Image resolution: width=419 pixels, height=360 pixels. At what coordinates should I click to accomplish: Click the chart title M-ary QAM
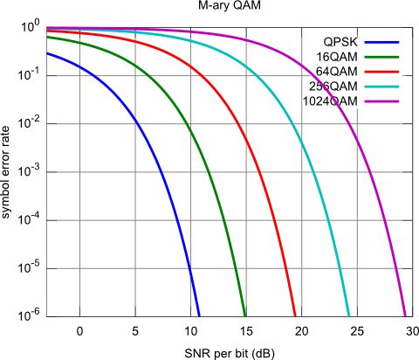[x=217, y=7]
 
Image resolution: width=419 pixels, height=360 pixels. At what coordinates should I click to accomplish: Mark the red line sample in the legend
[x=381, y=71]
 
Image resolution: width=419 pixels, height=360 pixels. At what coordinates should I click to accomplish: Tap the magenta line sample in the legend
[x=381, y=100]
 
